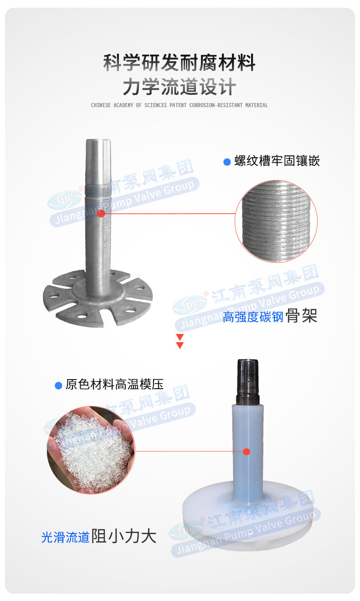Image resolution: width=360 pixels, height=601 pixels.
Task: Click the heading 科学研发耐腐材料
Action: pyautogui.click(x=179, y=63)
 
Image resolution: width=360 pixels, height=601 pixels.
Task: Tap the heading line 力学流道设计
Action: pyautogui.click(x=179, y=87)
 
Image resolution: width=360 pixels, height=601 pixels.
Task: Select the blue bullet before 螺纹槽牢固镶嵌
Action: pyautogui.click(x=227, y=162)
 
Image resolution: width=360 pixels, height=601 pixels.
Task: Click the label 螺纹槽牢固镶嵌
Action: pyautogui.click(x=277, y=161)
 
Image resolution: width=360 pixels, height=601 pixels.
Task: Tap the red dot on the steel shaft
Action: pyautogui.click(x=101, y=213)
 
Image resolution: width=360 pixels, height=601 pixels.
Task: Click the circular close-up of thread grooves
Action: pyautogui.click(x=276, y=221)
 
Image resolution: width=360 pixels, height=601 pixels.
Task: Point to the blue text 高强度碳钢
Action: pyautogui.click(x=253, y=317)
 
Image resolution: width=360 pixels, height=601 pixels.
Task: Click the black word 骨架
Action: pyautogui.click(x=302, y=316)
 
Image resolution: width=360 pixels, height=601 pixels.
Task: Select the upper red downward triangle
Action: pyautogui.click(x=180, y=337)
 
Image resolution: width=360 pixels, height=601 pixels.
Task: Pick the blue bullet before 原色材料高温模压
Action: pyautogui.click(x=58, y=385)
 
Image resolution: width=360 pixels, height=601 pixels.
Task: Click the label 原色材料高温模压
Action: pyautogui.click(x=114, y=385)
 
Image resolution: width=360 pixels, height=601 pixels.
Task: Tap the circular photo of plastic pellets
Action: pyautogui.click(x=91, y=450)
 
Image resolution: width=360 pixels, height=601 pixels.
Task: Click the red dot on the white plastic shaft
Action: pyautogui.click(x=247, y=452)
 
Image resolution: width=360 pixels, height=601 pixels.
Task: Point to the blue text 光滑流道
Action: pyautogui.click(x=65, y=538)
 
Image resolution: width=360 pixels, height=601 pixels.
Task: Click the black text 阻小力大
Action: pyautogui.click(x=124, y=537)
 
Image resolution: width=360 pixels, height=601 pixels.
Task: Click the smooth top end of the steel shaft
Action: pyautogui.click(x=98, y=155)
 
